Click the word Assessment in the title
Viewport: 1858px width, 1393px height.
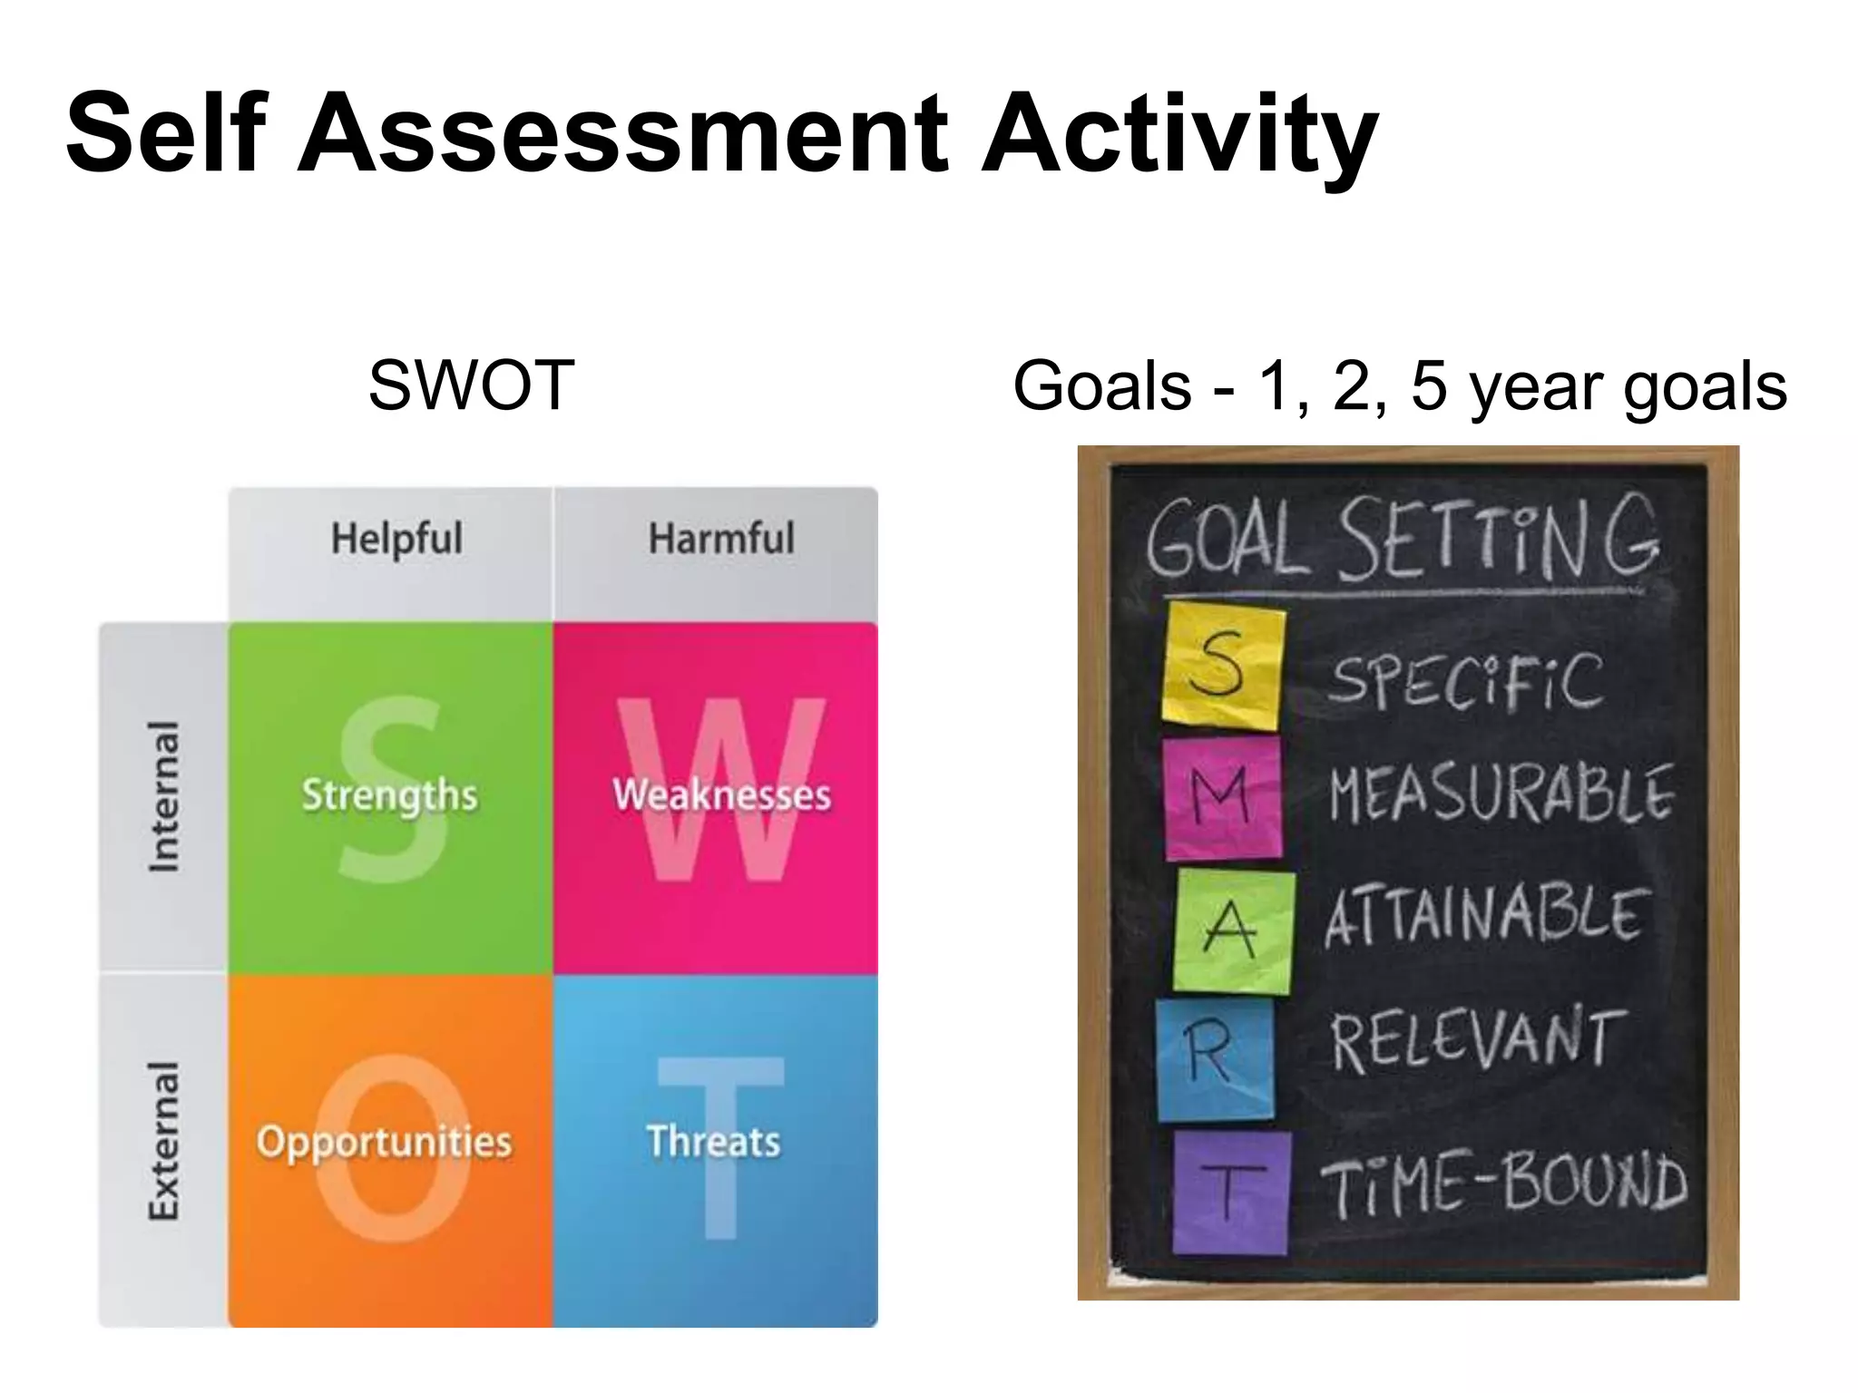click(x=622, y=134)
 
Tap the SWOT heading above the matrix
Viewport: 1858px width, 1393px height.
click(x=471, y=385)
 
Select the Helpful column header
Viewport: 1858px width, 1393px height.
click(x=396, y=540)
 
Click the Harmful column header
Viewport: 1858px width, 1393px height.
click(x=721, y=539)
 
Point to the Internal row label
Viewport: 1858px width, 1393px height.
click(x=164, y=796)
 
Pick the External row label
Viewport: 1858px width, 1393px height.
click(x=164, y=1141)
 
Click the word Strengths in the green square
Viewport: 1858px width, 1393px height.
click(x=389, y=795)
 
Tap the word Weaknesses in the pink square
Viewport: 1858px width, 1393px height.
click(x=721, y=795)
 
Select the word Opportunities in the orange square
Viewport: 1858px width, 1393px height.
click(x=384, y=1141)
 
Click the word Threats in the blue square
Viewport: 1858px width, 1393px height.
click(x=713, y=1141)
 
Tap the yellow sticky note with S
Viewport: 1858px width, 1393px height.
click(x=1223, y=666)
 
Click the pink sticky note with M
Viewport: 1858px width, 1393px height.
click(x=1223, y=798)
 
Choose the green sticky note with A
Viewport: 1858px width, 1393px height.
click(x=1232, y=930)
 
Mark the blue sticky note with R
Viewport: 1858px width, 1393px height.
click(x=1214, y=1058)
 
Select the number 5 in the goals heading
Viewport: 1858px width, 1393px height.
click(x=1429, y=385)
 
